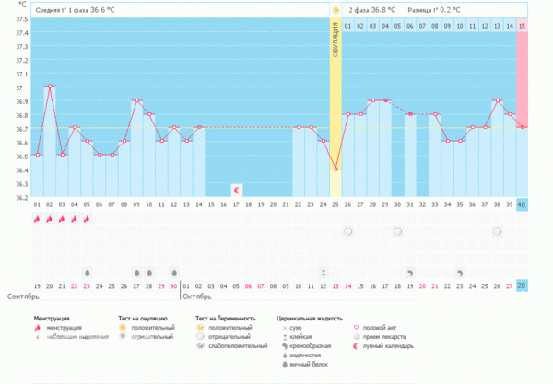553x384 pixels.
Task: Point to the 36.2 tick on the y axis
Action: point(20,197)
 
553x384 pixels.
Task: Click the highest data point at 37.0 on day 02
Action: point(50,87)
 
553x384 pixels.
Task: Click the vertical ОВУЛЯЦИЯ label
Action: point(335,41)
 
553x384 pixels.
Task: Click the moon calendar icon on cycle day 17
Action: point(236,190)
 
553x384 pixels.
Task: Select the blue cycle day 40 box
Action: point(523,204)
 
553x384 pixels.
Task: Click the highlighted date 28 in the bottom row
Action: point(523,286)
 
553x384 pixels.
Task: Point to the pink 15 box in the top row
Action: point(523,25)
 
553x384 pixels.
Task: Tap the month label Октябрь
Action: point(197,297)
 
